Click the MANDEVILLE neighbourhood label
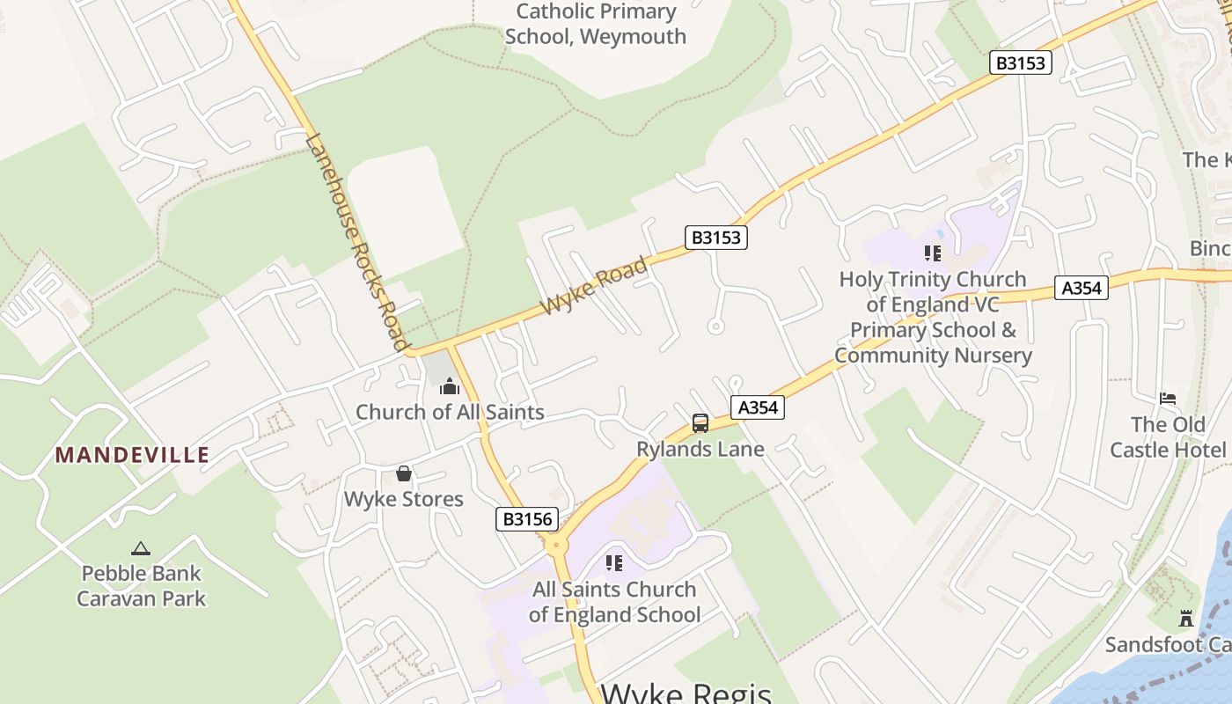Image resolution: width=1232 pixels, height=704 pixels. pyautogui.click(x=132, y=455)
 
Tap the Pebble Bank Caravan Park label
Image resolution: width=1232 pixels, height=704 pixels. pyautogui.click(x=141, y=586)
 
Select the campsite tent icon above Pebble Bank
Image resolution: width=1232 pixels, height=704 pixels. pyautogui.click(x=141, y=548)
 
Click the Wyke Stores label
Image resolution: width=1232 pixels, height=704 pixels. pyautogui.click(x=403, y=499)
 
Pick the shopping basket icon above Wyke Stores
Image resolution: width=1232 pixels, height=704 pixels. pyautogui.click(x=403, y=474)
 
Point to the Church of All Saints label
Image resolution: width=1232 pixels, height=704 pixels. pyautogui.click(x=450, y=412)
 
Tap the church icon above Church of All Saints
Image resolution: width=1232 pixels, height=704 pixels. pyautogui.click(x=450, y=387)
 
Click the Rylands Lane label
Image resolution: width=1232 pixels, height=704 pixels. pyautogui.click(x=700, y=449)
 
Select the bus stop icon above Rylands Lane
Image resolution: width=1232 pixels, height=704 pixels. pyautogui.click(x=700, y=423)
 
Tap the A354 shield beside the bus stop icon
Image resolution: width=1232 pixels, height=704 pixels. pyautogui.click(x=757, y=407)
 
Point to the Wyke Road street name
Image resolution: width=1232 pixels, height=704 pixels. pyautogui.click(x=595, y=285)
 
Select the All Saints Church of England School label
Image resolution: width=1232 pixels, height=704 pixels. pyautogui.click(x=614, y=602)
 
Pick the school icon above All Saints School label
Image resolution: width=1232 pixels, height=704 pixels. pyautogui.click(x=614, y=563)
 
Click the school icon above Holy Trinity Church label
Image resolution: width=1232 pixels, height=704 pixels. pyautogui.click(x=933, y=254)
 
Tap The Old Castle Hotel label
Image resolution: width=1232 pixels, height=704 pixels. pyautogui.click(x=1167, y=437)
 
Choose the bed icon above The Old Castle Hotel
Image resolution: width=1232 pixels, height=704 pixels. pyautogui.click(x=1168, y=399)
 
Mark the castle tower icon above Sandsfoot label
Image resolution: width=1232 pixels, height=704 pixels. pyautogui.click(x=1185, y=619)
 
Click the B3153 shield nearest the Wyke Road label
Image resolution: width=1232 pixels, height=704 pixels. pyautogui.click(x=716, y=238)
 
